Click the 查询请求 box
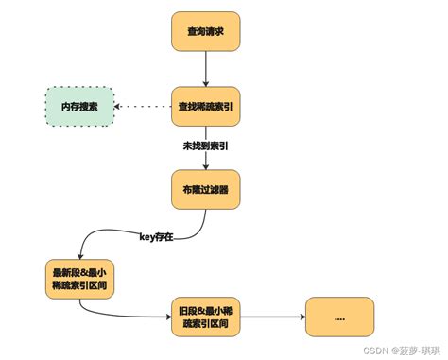206,32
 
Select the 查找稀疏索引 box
206,107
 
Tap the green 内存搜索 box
79,107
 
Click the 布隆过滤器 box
206,189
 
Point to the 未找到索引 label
204,146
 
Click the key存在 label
157,236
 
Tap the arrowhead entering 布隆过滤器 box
206,166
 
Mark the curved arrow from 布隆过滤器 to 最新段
142,232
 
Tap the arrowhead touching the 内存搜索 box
118,107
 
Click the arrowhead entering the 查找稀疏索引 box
206,84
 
